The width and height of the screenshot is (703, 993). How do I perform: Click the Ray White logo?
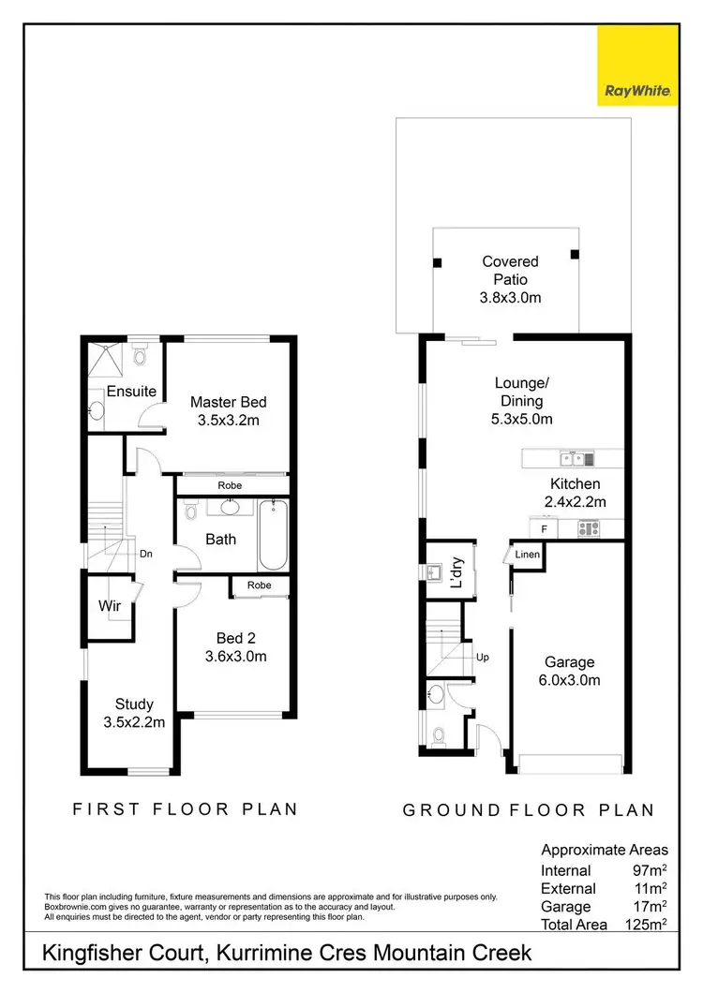coord(637,66)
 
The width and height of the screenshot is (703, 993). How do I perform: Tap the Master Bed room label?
coord(228,402)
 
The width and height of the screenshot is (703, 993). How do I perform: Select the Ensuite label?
coord(130,391)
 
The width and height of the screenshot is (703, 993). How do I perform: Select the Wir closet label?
coord(110,606)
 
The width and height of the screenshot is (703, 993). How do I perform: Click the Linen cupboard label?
coord(527,556)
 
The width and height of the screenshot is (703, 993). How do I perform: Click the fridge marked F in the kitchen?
coord(545,529)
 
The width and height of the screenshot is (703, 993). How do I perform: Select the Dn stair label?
coord(145,554)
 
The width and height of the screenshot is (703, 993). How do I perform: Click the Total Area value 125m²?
coord(646,925)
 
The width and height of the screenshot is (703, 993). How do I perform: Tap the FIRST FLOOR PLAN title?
coord(185,808)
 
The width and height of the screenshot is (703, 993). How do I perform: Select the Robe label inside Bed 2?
coord(260,585)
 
